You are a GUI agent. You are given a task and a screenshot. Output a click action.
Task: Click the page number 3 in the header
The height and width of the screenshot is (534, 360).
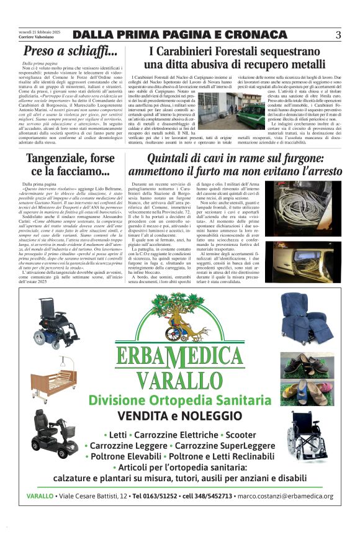[x=338, y=35]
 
